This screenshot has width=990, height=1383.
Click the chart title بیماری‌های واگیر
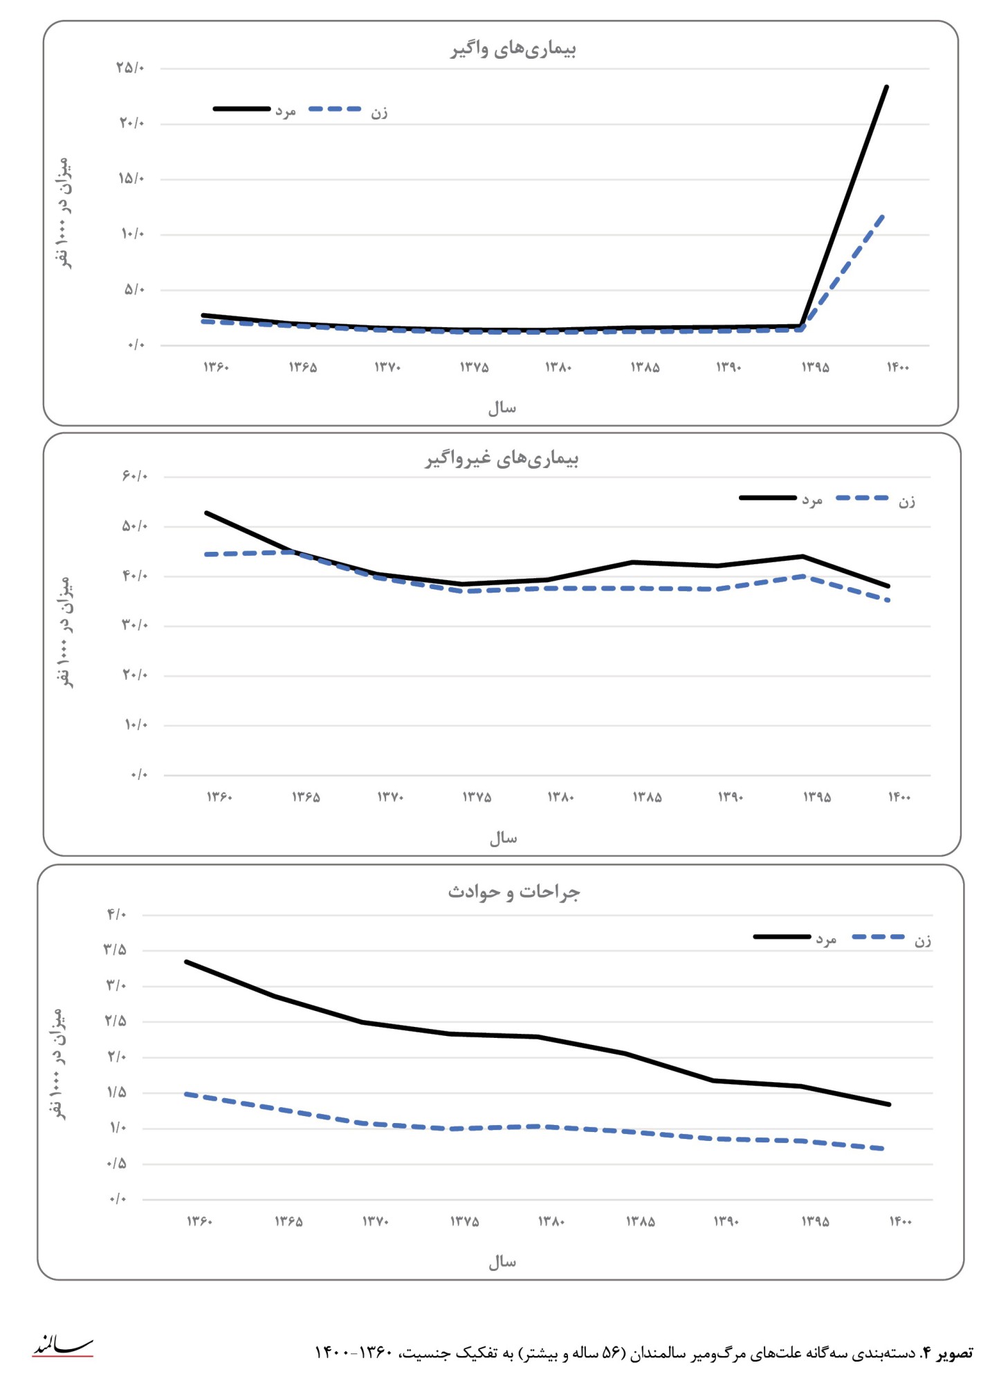click(x=513, y=49)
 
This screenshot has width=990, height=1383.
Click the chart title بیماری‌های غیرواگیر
click(x=502, y=458)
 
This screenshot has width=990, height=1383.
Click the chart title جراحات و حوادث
click(x=513, y=892)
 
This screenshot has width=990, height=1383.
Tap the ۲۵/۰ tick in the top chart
click(x=130, y=68)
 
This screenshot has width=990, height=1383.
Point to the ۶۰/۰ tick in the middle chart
click(x=135, y=476)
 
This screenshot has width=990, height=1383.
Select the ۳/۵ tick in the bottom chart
click(x=115, y=949)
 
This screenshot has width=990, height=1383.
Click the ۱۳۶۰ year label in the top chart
click(x=216, y=367)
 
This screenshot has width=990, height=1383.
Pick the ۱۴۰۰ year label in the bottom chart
click(x=900, y=1222)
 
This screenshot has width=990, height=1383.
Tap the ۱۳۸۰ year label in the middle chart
click(x=560, y=797)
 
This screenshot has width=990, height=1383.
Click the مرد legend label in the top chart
click(x=286, y=111)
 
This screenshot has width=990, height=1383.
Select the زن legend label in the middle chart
click(x=906, y=501)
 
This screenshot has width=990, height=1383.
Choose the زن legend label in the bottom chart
click(x=922, y=940)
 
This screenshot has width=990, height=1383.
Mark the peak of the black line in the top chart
click(x=886, y=87)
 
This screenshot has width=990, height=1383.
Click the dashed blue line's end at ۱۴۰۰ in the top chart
click(x=883, y=216)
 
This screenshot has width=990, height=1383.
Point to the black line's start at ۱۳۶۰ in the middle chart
click(x=207, y=513)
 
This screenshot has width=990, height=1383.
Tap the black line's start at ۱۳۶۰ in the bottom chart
click(x=187, y=962)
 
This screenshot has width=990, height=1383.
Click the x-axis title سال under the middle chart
click(x=503, y=839)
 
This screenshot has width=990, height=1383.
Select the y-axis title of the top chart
click(x=63, y=212)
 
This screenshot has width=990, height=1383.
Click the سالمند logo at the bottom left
click(x=62, y=1346)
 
